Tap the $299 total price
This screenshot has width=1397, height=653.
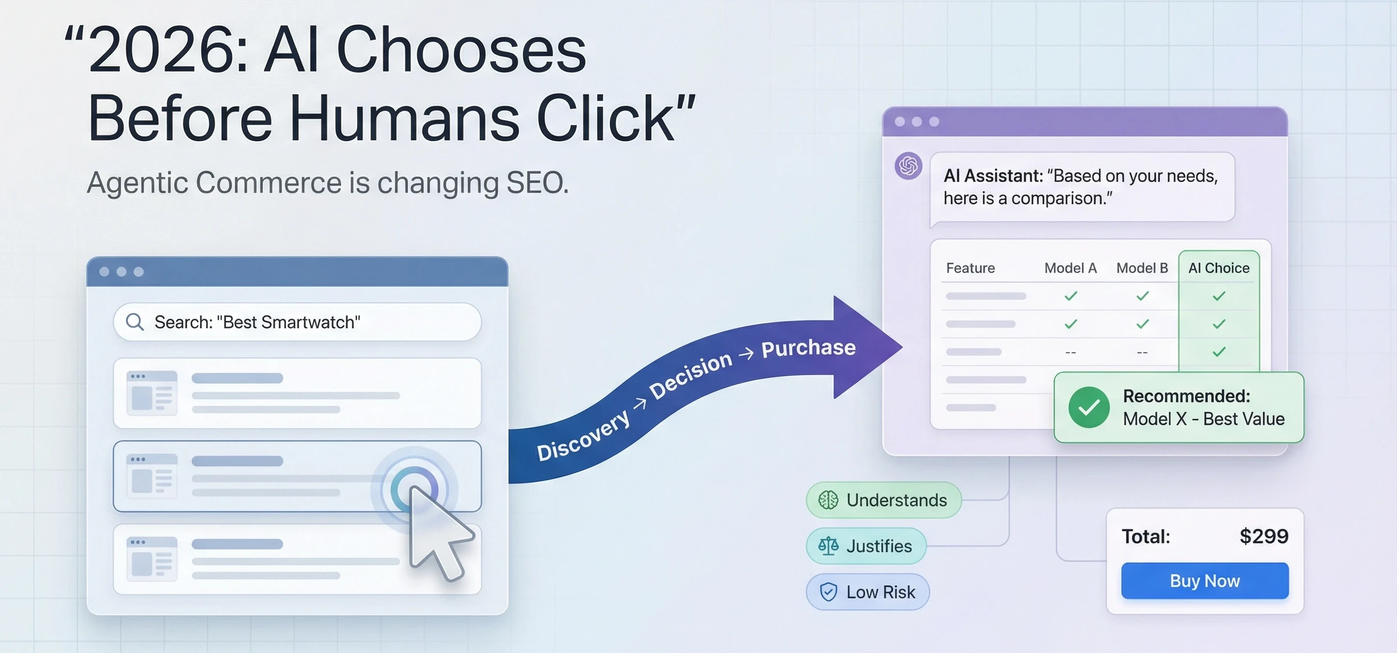(1263, 536)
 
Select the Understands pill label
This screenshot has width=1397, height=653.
(896, 500)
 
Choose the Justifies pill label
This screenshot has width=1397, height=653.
(878, 546)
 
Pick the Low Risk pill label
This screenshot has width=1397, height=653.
(880, 592)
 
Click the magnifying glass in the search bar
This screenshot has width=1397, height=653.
(135, 322)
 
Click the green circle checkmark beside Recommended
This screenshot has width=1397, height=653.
(1089, 407)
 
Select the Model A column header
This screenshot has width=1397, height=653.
(1070, 268)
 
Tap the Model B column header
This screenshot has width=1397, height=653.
(1142, 268)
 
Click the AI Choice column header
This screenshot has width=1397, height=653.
(1219, 268)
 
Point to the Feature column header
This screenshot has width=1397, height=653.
(970, 268)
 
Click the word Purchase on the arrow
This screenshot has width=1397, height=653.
(808, 347)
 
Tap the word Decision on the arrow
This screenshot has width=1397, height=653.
(690, 374)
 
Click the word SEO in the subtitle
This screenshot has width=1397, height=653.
(536, 183)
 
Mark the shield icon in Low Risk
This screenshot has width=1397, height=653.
(828, 592)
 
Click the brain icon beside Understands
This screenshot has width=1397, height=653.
(828, 500)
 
